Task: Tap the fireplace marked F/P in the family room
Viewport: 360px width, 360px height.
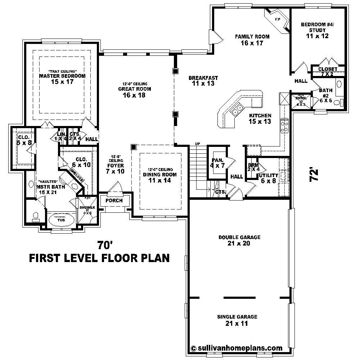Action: (x=278, y=19)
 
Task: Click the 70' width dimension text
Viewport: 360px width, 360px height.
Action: (x=105, y=245)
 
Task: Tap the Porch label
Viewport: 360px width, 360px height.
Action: (x=114, y=201)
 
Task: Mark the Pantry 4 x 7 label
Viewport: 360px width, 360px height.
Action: (x=217, y=163)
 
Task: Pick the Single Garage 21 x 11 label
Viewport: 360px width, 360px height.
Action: (x=237, y=320)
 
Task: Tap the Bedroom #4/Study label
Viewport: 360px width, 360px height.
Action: (x=318, y=30)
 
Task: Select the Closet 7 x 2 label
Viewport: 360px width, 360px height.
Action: (x=328, y=71)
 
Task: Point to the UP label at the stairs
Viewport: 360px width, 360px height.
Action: (x=197, y=144)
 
